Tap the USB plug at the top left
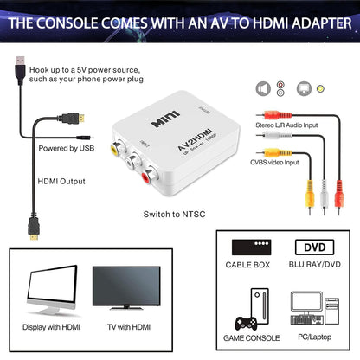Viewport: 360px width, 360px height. coord(19,69)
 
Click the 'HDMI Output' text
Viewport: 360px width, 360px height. coord(61,182)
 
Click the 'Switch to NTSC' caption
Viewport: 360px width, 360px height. coord(173,212)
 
